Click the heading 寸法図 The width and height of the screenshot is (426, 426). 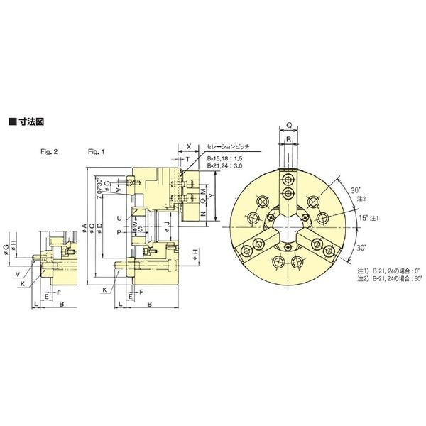(29, 121)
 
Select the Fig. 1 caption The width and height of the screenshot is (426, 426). (95, 152)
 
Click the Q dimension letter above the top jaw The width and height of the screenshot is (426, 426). (288, 122)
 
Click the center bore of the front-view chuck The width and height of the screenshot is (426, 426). (288, 226)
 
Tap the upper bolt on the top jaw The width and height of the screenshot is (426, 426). (288, 178)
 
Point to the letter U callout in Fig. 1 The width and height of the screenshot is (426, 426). (120, 217)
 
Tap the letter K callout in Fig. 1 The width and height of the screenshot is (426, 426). (104, 290)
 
